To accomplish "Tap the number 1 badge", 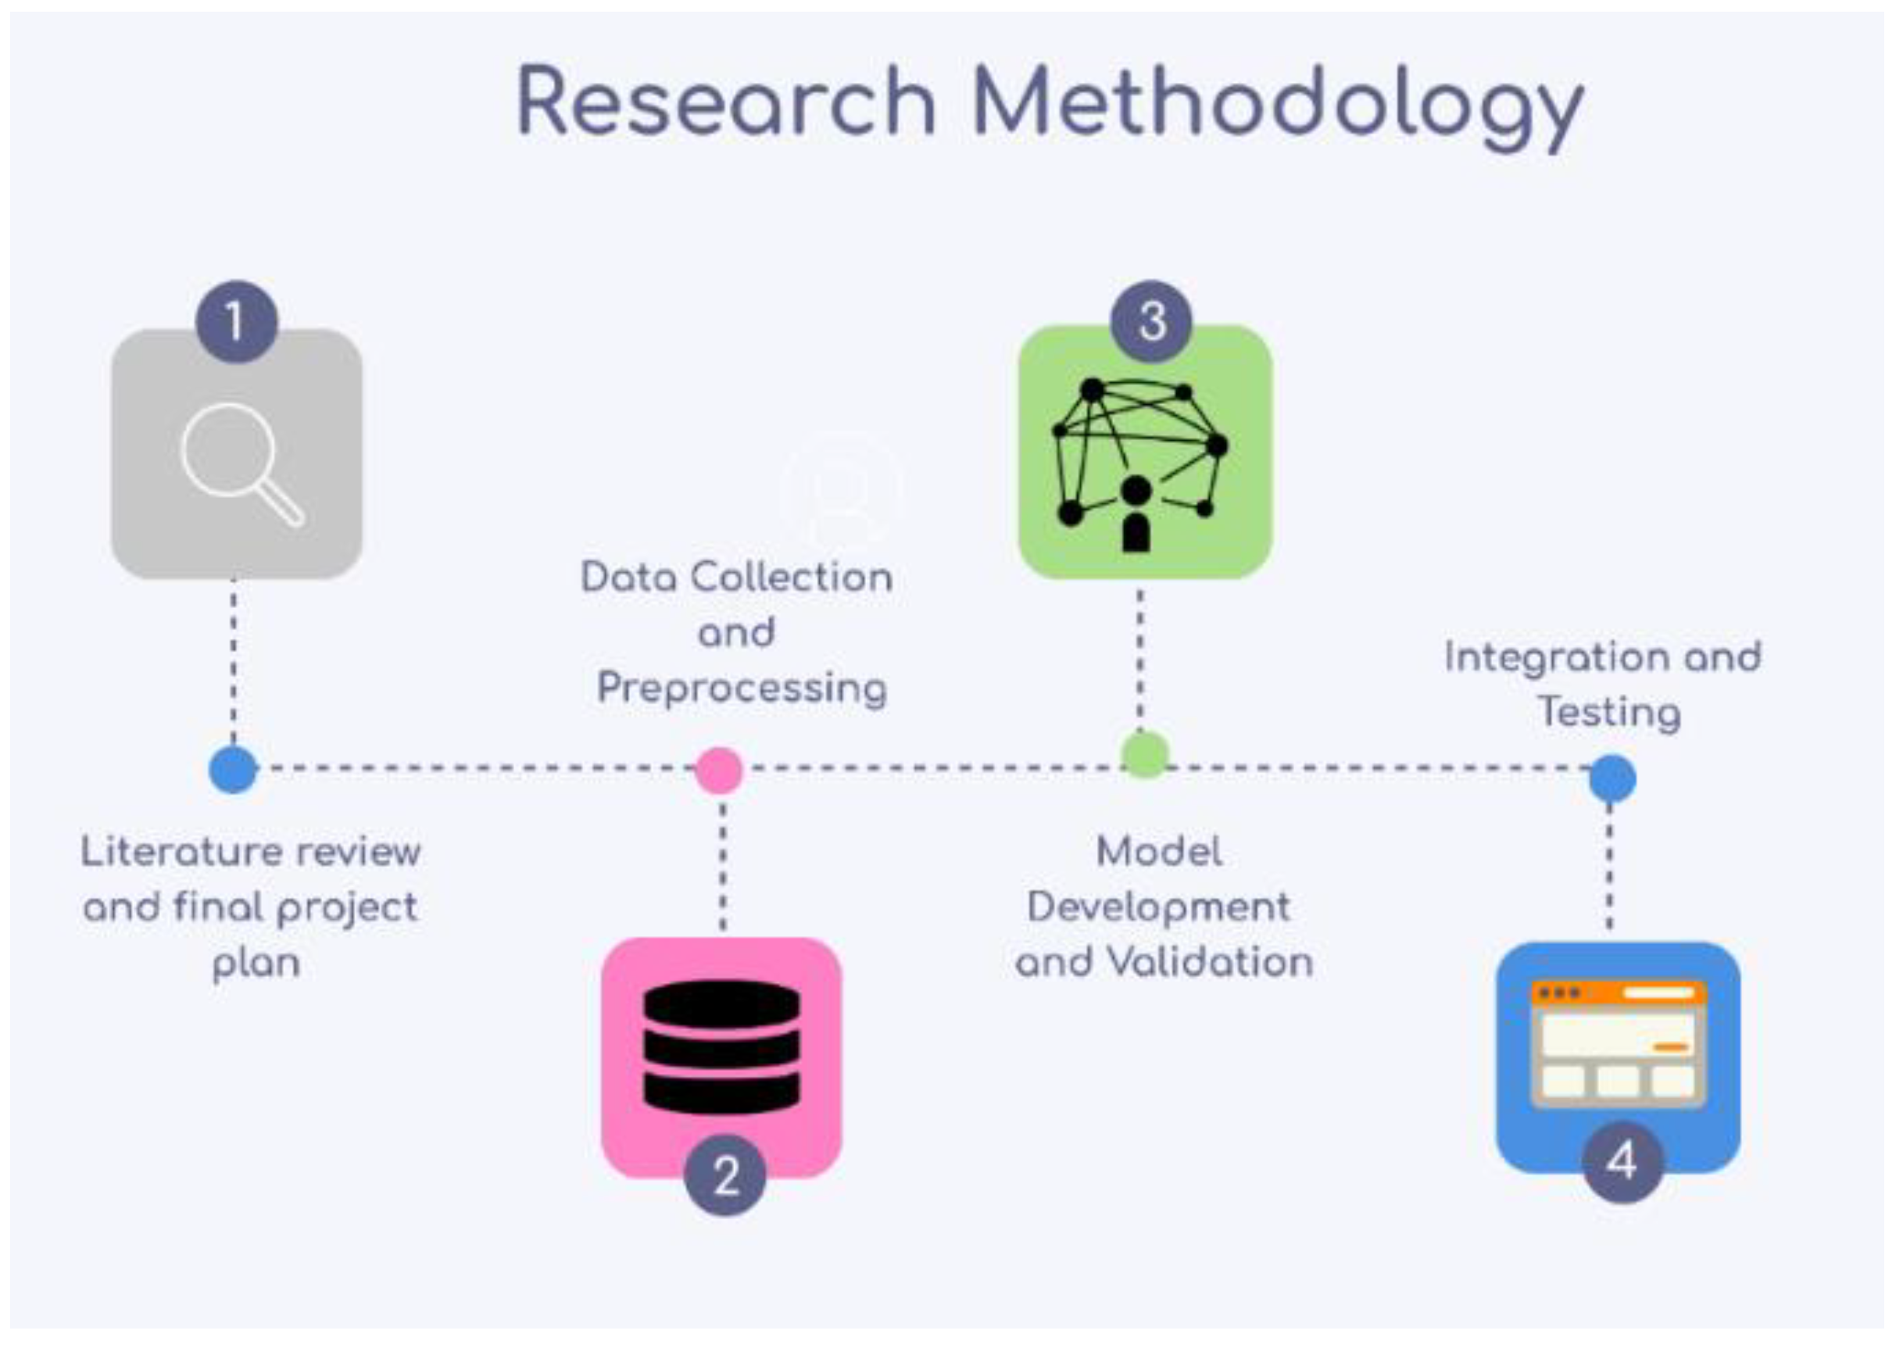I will pyautogui.click(x=237, y=321).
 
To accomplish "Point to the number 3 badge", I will pyautogui.click(x=1151, y=321).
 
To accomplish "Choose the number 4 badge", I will pyautogui.click(x=1622, y=1161).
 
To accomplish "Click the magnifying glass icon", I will pyautogui.click(x=241, y=463).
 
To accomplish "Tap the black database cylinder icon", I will pyautogui.click(x=722, y=1046).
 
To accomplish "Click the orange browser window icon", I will pyautogui.click(x=1619, y=1044).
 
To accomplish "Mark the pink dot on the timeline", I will pyautogui.click(x=719, y=770).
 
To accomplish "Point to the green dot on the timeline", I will pyautogui.click(x=1146, y=754).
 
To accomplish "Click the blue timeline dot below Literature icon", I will pyautogui.click(x=233, y=770).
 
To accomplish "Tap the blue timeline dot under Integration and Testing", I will pyautogui.click(x=1611, y=778).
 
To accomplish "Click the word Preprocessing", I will pyautogui.click(x=742, y=689).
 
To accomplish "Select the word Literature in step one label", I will pyautogui.click(x=181, y=852).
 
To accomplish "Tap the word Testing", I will pyautogui.click(x=1608, y=713).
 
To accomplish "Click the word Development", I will pyautogui.click(x=1158, y=907).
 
